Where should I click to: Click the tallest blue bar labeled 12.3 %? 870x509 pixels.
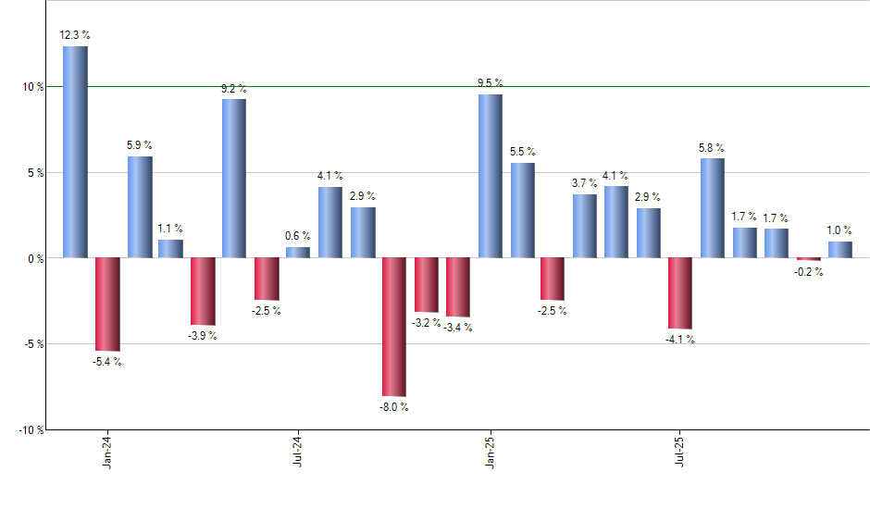tap(75, 152)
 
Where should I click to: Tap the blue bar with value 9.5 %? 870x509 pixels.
tap(491, 176)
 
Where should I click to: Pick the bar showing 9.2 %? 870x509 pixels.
tap(234, 178)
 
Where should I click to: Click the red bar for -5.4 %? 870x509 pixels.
tap(107, 304)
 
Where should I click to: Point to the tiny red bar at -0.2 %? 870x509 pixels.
tap(809, 259)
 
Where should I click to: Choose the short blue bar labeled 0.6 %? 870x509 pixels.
tap(298, 253)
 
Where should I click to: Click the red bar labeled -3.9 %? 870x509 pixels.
tap(203, 292)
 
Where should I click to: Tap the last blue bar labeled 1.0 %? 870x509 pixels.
tap(840, 250)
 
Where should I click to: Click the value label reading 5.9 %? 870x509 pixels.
tap(140, 145)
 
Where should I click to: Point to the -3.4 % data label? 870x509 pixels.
tap(458, 328)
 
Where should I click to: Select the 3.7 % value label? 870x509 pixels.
tap(585, 183)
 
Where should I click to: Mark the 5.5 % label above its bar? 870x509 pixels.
tap(522, 152)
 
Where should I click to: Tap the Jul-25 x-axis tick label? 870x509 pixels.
tap(681, 451)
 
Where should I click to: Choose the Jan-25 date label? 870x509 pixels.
tap(490, 451)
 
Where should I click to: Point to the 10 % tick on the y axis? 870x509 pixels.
tap(34, 87)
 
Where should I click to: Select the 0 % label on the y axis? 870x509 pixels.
tap(37, 259)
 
